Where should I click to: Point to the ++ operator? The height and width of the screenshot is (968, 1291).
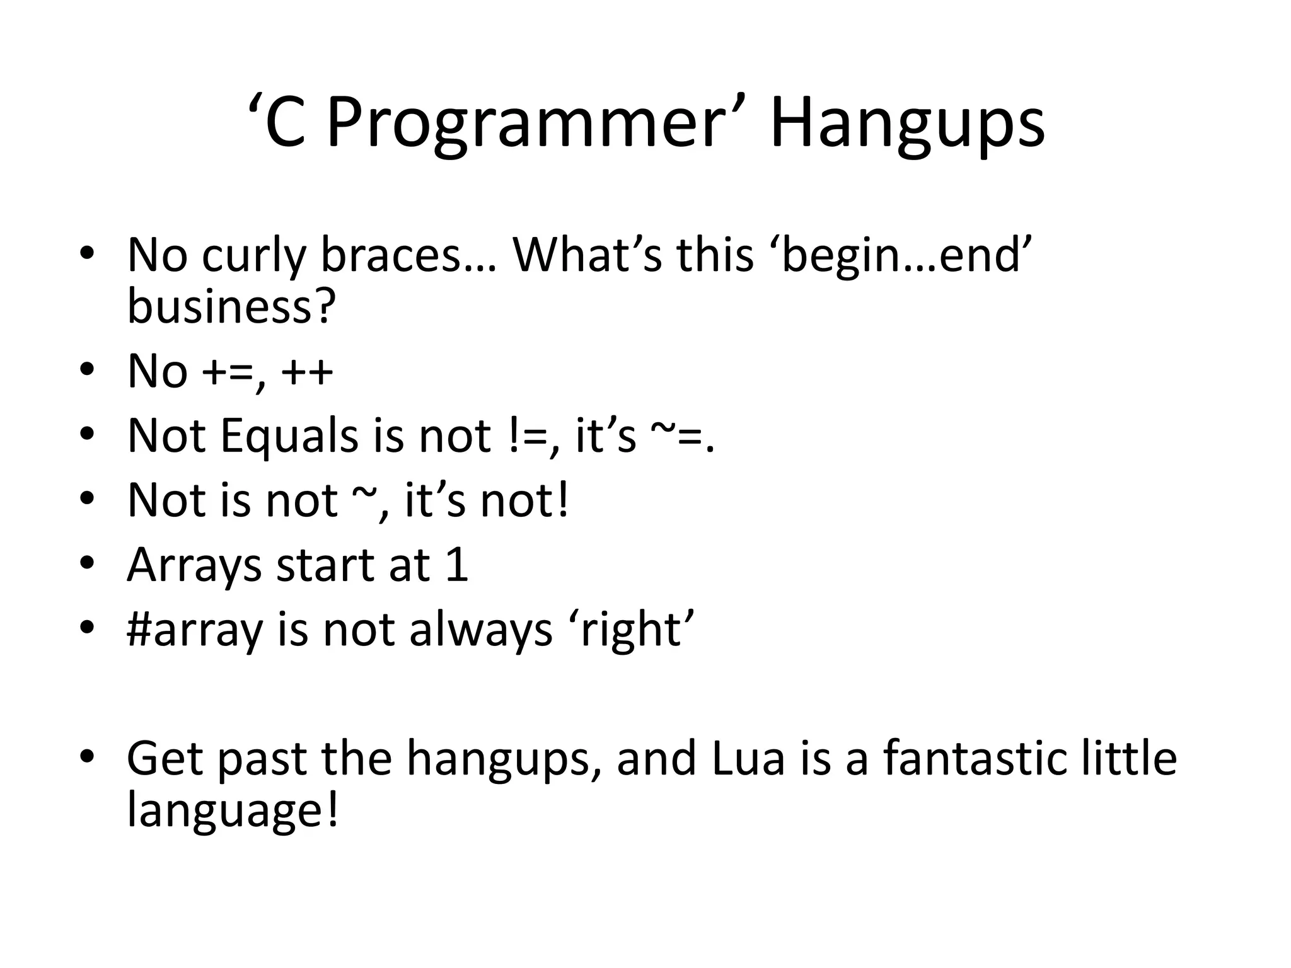point(307,372)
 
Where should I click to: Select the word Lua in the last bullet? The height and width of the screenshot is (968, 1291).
point(748,758)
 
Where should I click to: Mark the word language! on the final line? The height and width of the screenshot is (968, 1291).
point(233,810)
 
